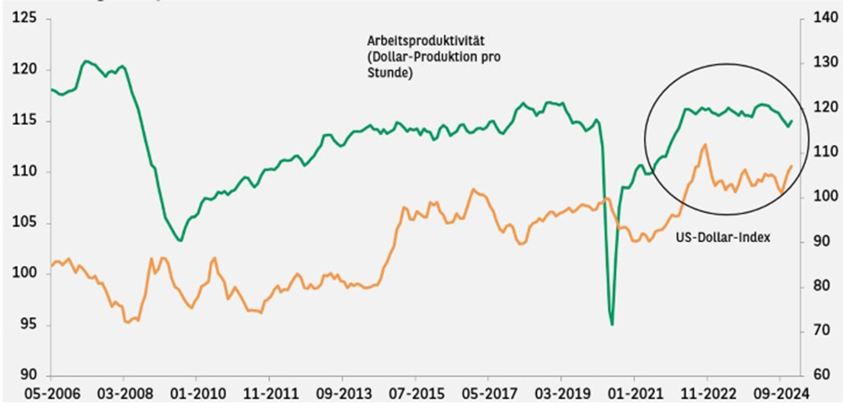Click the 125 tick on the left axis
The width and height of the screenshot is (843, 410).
point(25,18)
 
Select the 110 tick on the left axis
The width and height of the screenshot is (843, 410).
point(25,171)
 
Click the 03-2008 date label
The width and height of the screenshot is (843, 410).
point(123,393)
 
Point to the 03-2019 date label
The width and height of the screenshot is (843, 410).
point(560,393)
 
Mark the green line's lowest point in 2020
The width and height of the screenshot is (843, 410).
point(612,324)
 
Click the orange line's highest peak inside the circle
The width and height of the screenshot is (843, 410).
point(704,144)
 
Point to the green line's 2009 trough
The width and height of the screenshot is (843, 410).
point(180,240)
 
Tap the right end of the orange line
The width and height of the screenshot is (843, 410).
point(792,166)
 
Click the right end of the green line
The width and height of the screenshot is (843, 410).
point(792,121)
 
